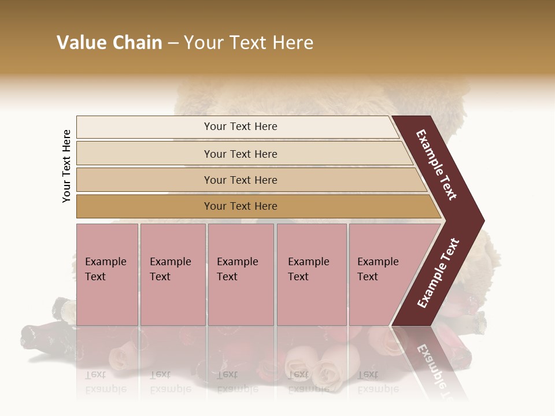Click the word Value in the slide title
coord(80,43)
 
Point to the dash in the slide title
coord(173,43)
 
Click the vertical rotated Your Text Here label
coord(66,166)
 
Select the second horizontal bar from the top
coord(240,154)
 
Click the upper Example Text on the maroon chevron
coord(437,164)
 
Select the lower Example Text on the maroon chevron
coord(438,273)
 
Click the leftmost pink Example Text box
coord(107,274)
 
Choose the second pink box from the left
coord(173,274)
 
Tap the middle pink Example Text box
coord(240,274)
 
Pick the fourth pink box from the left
coord(312,274)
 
